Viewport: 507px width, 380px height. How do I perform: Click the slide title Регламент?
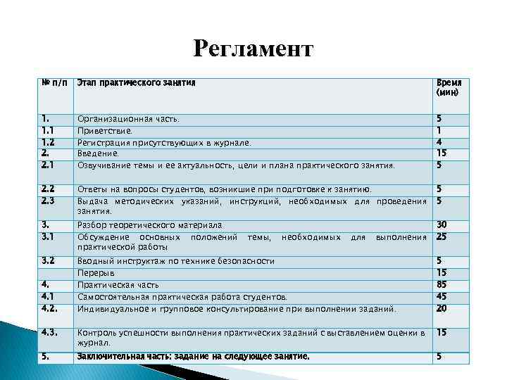[x=253, y=49]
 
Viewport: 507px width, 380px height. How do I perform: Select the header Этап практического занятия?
[x=135, y=83]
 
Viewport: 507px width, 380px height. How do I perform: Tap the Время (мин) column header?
[x=449, y=87]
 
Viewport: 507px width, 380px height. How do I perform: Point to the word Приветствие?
[x=104, y=131]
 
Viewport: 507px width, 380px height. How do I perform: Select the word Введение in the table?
[x=99, y=153]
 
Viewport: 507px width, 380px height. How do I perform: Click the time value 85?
[x=442, y=284]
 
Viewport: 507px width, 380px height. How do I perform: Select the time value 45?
[x=442, y=296]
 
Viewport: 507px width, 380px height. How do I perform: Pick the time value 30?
[x=442, y=224]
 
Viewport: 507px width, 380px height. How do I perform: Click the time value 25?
[x=442, y=236]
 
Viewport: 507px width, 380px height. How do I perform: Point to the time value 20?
[x=442, y=308]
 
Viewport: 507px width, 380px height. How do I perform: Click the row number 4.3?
[x=50, y=331]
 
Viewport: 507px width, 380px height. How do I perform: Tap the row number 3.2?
[x=49, y=260]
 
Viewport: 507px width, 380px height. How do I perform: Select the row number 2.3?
[x=49, y=201]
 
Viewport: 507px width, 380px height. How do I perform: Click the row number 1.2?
[x=48, y=141]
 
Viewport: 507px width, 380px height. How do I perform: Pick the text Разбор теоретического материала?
[x=150, y=225]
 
